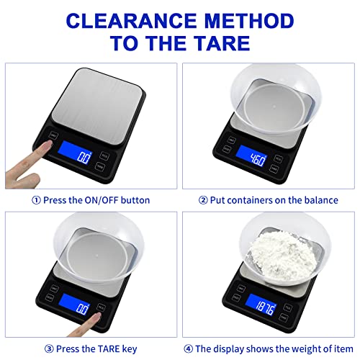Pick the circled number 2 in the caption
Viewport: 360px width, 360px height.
coord(203,199)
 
